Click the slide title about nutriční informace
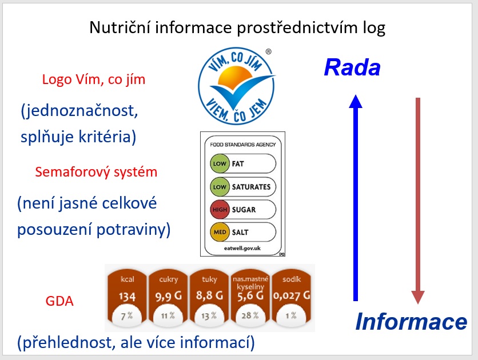(237, 27)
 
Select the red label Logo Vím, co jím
(94, 79)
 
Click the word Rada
(352, 69)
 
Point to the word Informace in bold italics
(411, 322)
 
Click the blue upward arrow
(356, 197)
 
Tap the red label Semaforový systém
(96, 171)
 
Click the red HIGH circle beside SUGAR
(220, 210)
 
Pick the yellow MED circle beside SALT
(220, 232)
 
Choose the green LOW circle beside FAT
(220, 164)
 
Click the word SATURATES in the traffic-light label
(252, 187)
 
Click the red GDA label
(59, 301)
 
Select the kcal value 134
(127, 297)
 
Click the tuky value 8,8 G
(209, 297)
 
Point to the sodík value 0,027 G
(292, 297)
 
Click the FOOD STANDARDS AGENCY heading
(242, 145)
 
